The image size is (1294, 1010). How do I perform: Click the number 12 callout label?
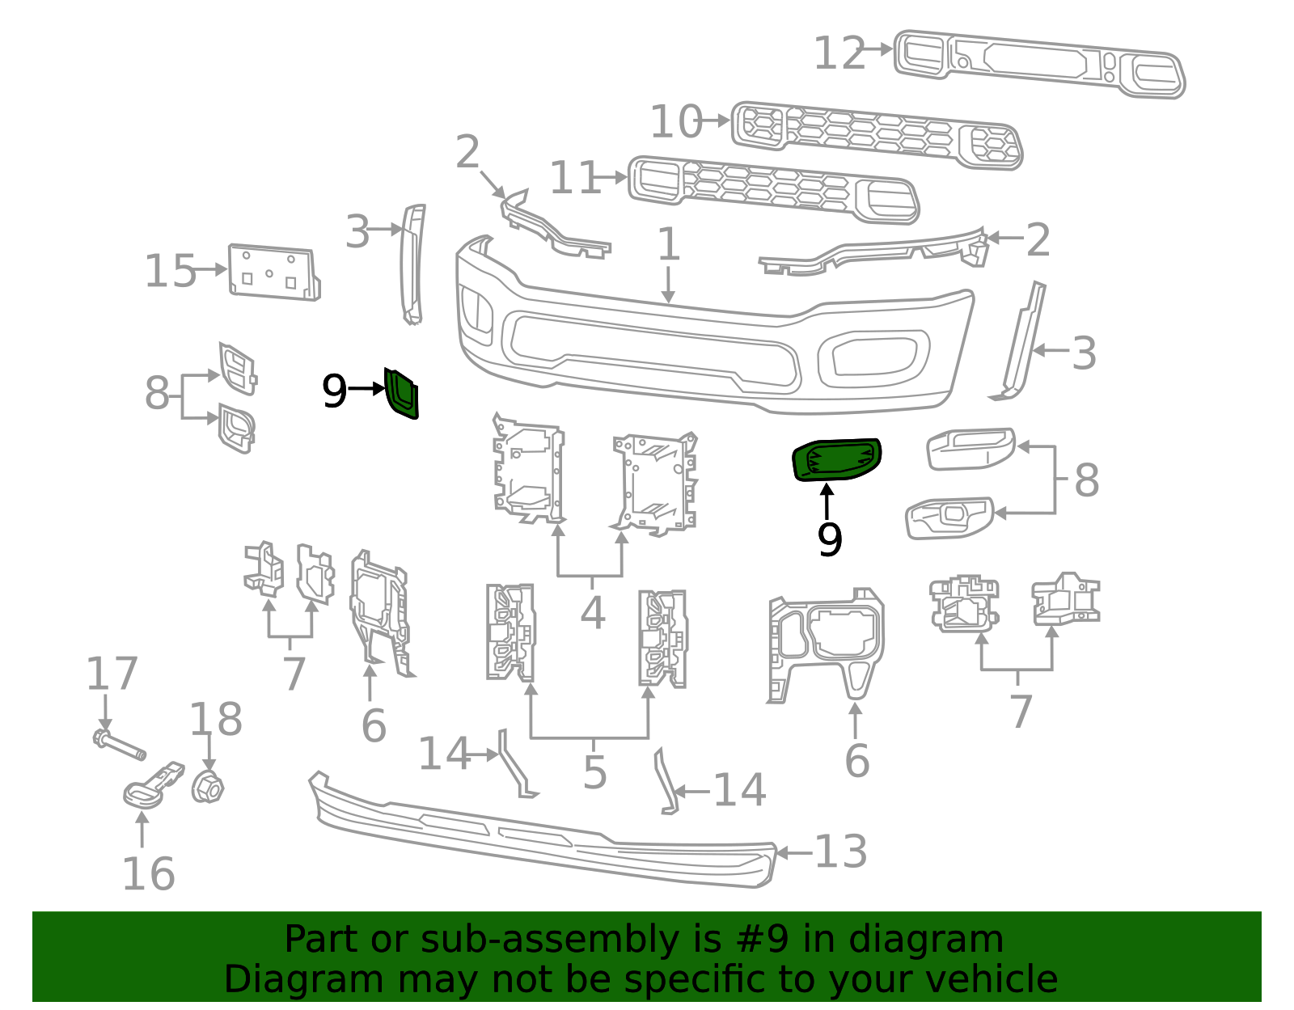[x=839, y=53]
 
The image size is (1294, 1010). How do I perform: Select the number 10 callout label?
[x=676, y=121]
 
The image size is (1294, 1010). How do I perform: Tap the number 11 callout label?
[x=574, y=178]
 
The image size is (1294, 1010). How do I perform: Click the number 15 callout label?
[x=170, y=271]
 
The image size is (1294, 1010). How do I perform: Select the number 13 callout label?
[x=841, y=852]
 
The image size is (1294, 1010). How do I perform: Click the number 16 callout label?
[x=148, y=874]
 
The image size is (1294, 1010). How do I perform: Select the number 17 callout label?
[x=112, y=674]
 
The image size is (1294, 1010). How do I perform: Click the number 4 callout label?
[x=592, y=612]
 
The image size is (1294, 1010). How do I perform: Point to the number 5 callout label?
[x=594, y=772]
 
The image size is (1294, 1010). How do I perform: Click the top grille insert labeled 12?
[x=1039, y=64]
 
